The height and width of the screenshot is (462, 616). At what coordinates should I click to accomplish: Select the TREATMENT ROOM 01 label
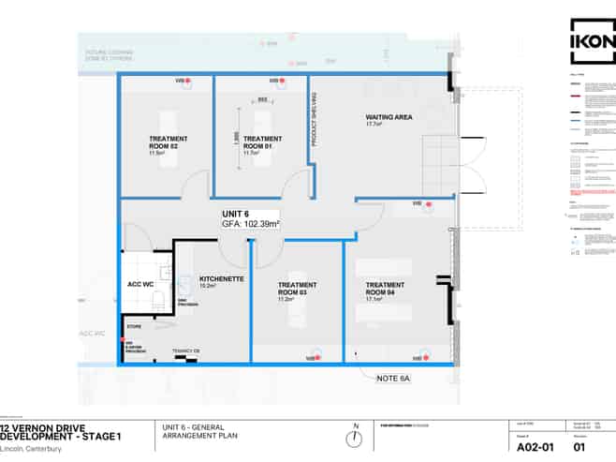(x=262, y=142)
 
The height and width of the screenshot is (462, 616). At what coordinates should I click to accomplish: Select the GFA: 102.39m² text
(x=251, y=225)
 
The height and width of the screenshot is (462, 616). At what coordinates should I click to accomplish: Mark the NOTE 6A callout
(x=394, y=379)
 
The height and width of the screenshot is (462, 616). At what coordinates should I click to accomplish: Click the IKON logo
(x=593, y=42)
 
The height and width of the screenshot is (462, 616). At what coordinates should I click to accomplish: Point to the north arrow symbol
(x=356, y=440)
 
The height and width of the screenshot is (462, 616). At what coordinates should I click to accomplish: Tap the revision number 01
(x=579, y=447)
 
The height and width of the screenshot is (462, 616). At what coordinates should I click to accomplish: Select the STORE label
(x=134, y=327)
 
